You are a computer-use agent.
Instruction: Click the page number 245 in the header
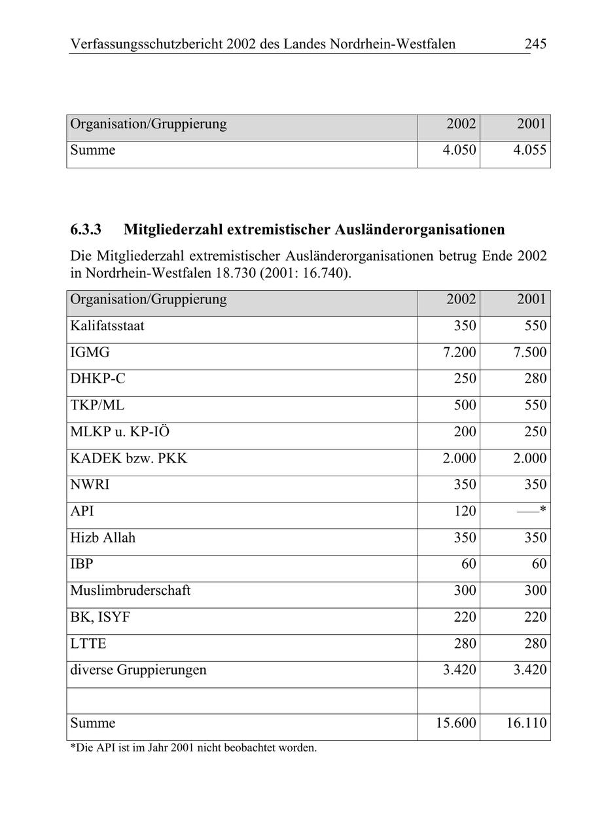535,45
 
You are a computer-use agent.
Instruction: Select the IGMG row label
90,352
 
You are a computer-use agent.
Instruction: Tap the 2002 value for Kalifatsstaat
465,326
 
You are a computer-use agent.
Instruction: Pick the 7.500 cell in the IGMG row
529,352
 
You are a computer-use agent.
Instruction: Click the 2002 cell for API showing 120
465,511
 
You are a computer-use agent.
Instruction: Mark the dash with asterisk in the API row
531,511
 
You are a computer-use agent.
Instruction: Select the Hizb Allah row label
103,538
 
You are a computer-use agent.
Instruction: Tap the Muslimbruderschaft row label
130,590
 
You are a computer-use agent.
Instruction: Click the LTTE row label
88,643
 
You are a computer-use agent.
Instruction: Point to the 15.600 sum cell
456,723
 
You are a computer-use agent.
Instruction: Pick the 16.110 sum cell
526,723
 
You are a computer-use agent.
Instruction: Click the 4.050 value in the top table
459,150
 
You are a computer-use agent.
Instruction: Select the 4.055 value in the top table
529,150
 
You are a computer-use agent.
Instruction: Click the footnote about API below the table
193,748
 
